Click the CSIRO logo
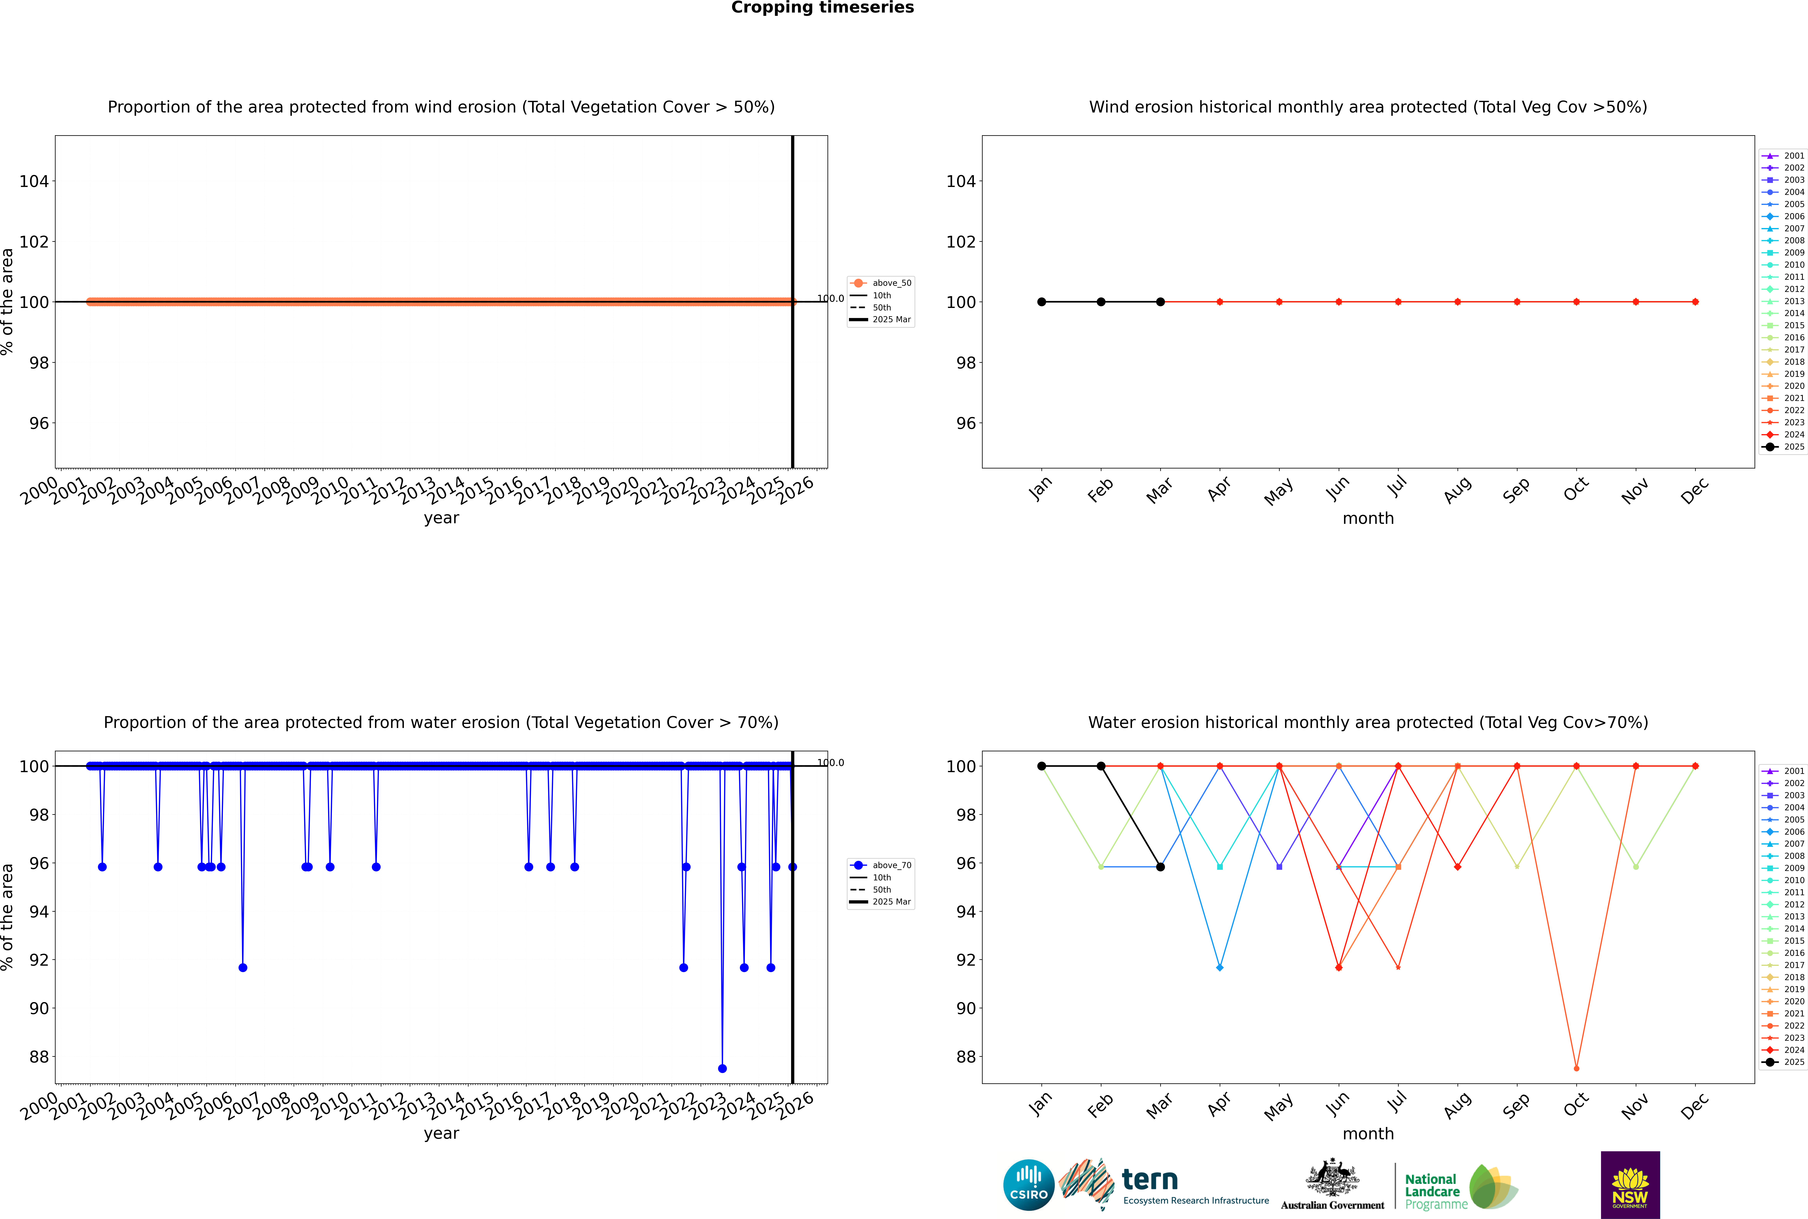point(1028,1185)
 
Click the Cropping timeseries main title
point(822,8)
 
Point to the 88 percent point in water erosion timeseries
point(722,1068)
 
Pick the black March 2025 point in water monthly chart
point(1160,867)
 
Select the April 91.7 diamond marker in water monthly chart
point(1220,967)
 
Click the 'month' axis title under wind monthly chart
point(1368,519)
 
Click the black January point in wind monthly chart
point(1042,302)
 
